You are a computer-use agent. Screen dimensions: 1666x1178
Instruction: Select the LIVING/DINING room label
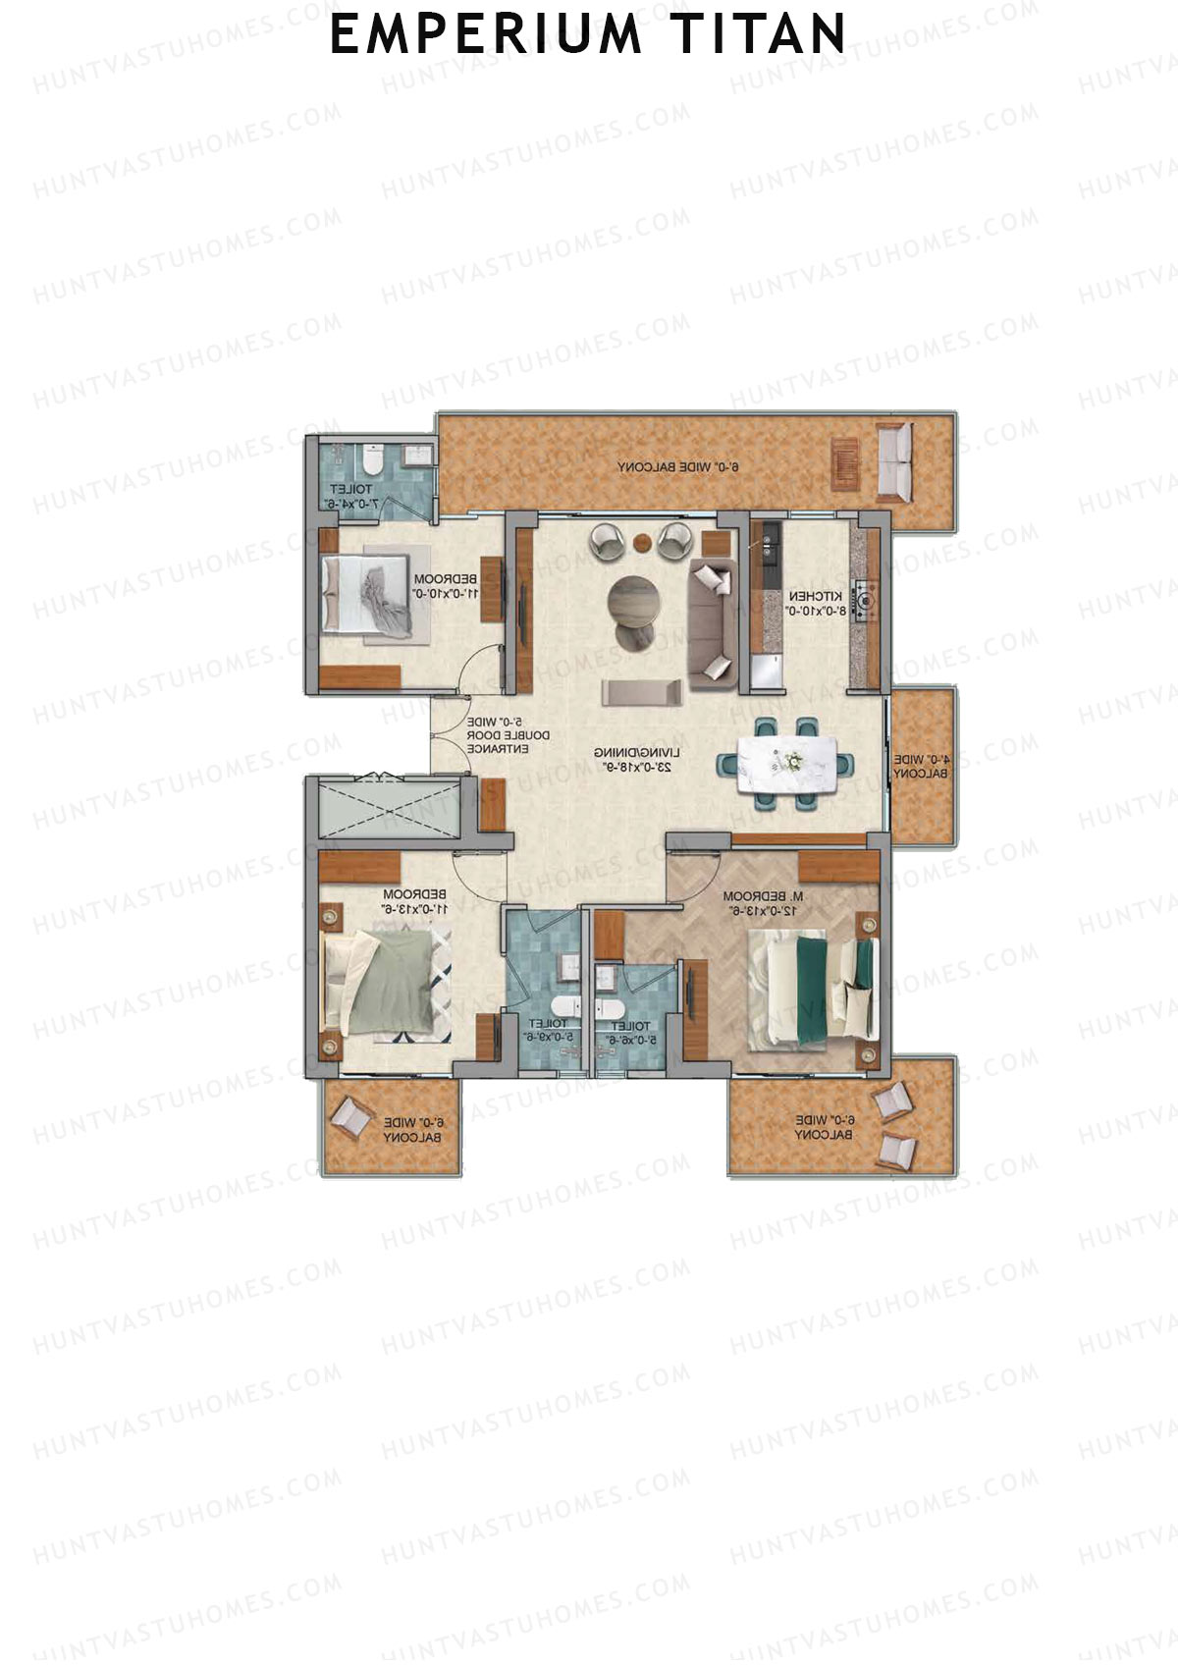pyautogui.click(x=632, y=759)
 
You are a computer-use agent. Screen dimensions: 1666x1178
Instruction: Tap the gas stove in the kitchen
pyautogui.click(x=864, y=602)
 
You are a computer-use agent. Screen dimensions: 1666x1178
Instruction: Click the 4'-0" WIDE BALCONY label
pyautogui.click(x=922, y=766)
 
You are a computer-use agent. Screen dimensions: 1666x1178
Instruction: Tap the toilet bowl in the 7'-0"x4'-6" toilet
pyautogui.click(x=372, y=459)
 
